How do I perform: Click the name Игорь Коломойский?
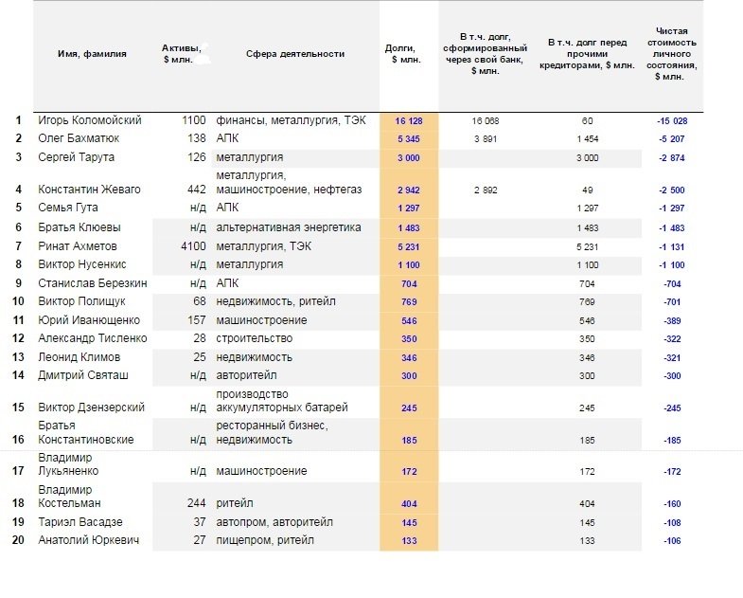[90, 120]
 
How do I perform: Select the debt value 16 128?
[409, 121]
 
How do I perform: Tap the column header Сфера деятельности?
[295, 54]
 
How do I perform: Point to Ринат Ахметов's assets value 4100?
[193, 246]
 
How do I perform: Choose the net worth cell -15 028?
[672, 121]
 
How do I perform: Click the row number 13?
[18, 357]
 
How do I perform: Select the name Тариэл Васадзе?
[80, 522]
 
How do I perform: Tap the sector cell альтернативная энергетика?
[289, 227]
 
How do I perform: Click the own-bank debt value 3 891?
[486, 139]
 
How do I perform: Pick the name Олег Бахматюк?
[79, 138]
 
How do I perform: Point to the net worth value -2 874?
[672, 158]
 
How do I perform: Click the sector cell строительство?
[254, 338]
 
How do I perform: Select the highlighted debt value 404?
[409, 503]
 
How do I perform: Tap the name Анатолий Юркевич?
[89, 540]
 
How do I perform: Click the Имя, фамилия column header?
[92, 54]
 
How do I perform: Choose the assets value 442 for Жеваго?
[196, 190]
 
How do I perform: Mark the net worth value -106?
[672, 540]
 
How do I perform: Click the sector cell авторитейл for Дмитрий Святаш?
[246, 375]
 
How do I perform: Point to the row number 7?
[19, 246]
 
